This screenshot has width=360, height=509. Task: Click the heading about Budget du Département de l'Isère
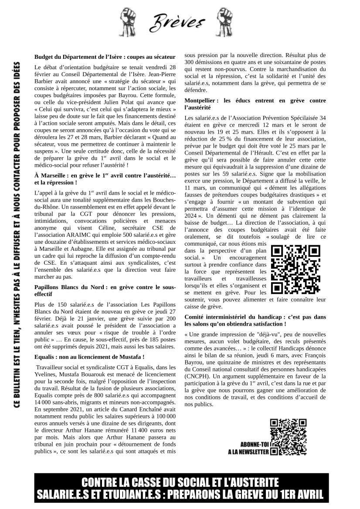click(105, 57)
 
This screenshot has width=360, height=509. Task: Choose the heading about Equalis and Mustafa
click(89, 357)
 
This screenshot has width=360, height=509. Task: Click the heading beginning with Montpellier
click(255, 104)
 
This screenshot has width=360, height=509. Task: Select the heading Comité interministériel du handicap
click(255, 320)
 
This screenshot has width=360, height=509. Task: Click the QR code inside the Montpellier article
click(295, 269)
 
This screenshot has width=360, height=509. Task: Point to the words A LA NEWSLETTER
click(248, 452)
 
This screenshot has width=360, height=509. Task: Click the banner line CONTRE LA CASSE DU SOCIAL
click(180, 483)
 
